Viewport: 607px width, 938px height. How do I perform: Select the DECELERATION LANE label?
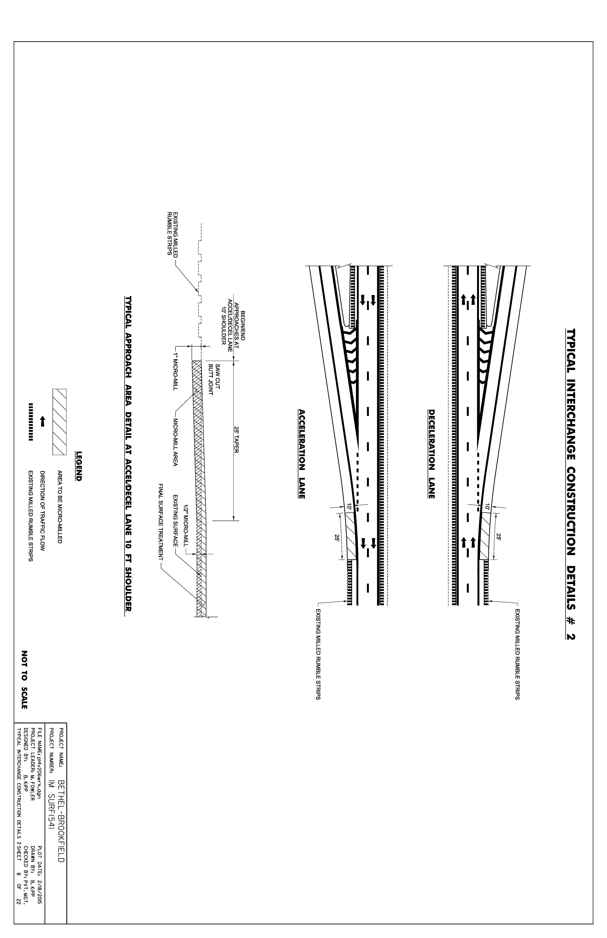pyautogui.click(x=432, y=454)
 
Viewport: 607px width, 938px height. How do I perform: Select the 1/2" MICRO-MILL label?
pyautogui.click(x=186, y=522)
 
